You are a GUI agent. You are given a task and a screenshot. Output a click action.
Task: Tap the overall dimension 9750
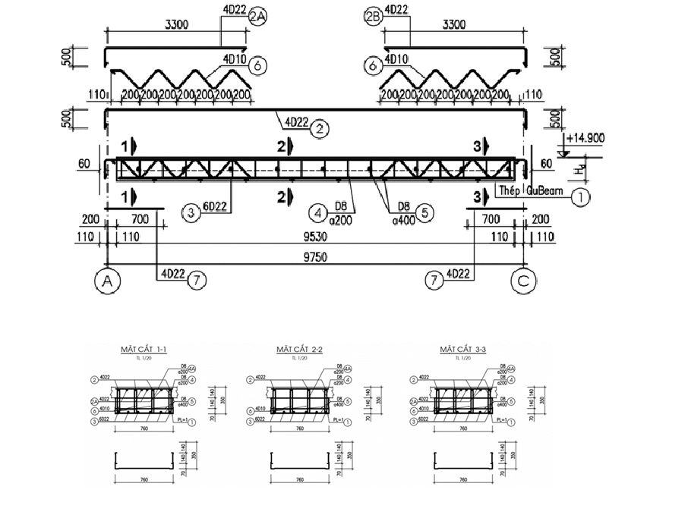314,258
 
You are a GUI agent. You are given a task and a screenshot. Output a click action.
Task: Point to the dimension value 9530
314,237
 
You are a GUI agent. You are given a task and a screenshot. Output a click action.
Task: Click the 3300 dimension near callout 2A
177,25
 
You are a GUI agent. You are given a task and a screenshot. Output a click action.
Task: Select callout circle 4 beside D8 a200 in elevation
320,212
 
